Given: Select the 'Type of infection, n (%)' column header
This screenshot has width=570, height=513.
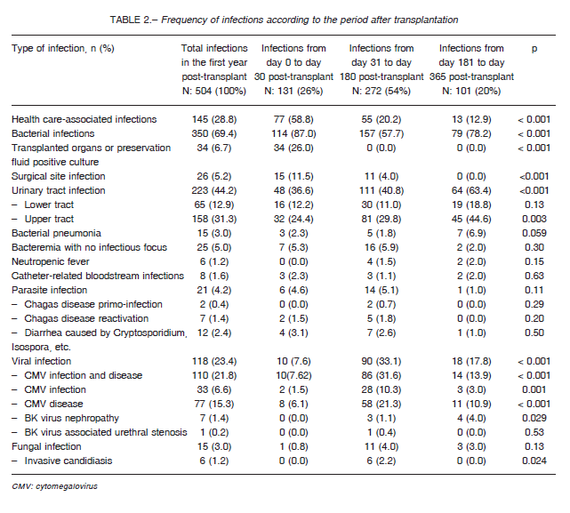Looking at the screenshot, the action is pyautogui.click(x=63, y=48).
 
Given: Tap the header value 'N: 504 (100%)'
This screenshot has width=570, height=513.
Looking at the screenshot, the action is pyautogui.click(x=214, y=91).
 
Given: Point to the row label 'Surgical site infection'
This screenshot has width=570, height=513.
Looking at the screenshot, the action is pyautogui.click(x=58, y=176).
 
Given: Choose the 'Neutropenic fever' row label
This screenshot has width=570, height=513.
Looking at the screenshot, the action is pyautogui.click(x=50, y=261).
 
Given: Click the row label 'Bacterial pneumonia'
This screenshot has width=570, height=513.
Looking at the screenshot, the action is pyautogui.click(x=56, y=234).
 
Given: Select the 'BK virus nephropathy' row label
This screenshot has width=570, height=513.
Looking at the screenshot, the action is pyautogui.click(x=72, y=419).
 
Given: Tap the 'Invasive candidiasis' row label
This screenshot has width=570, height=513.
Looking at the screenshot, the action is pyautogui.click(x=68, y=461).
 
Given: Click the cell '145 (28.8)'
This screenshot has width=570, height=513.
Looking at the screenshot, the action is pyautogui.click(x=214, y=120).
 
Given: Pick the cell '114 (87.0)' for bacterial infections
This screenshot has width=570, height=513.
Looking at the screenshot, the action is pyautogui.click(x=293, y=133).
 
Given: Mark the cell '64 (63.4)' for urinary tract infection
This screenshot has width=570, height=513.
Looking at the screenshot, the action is pyautogui.click(x=471, y=190).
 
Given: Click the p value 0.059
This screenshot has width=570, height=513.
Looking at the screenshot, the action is pyautogui.click(x=534, y=234).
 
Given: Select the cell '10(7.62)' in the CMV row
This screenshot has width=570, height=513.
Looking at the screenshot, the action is pyautogui.click(x=293, y=375).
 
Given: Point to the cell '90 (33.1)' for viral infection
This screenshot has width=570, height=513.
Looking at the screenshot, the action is pyautogui.click(x=381, y=361).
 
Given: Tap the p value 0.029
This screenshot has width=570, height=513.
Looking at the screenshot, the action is pyautogui.click(x=534, y=419).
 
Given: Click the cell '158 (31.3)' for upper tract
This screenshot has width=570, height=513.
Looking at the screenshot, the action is pyautogui.click(x=214, y=220).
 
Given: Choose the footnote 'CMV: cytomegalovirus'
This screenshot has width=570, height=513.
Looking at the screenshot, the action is pyautogui.click(x=54, y=486).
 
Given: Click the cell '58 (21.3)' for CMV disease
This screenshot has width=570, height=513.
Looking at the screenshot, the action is pyautogui.click(x=381, y=405).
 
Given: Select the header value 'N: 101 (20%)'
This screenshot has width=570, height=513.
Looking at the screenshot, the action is pyautogui.click(x=471, y=91).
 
